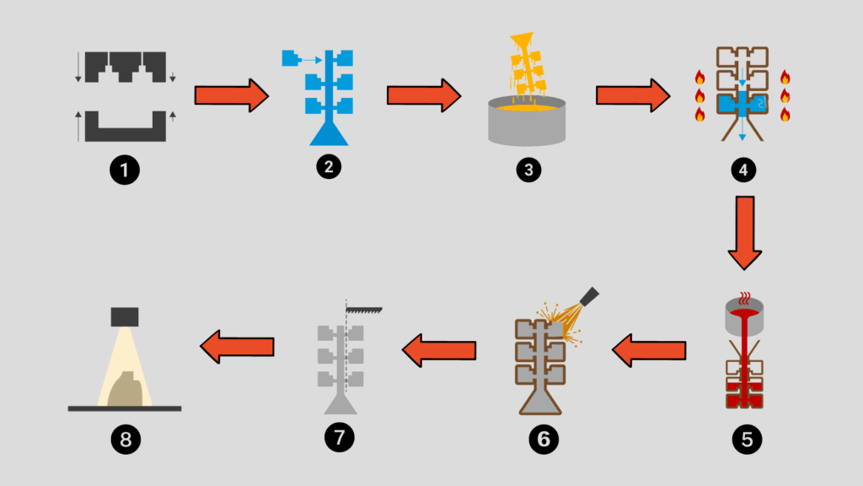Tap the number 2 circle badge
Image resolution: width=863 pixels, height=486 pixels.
328,167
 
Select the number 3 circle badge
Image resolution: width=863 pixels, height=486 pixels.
528,169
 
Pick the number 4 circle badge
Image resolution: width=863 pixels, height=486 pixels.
743,169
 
